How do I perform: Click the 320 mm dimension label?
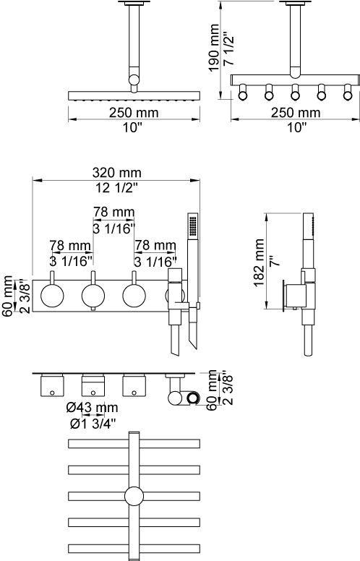117,173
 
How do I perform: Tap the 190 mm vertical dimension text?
215,48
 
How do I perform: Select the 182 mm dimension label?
259,263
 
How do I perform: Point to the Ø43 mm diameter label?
92,408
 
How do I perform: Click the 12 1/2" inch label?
116,187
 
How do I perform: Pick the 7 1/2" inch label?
229,49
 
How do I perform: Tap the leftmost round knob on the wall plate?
52,296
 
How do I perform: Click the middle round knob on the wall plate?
93,296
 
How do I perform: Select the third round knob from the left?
134,296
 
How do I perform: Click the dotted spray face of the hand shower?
193,225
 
